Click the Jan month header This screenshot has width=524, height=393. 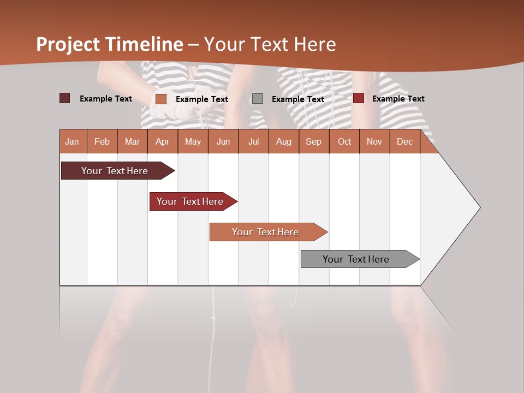[72, 141]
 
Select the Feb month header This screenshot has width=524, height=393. [102, 141]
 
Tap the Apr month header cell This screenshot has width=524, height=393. [162, 141]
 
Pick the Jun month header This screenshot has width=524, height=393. [223, 141]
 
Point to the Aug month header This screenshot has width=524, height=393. [283, 141]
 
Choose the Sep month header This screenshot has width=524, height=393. [313, 141]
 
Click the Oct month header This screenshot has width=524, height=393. [344, 141]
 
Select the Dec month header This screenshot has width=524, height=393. [404, 141]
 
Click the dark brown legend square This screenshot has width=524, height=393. [64, 98]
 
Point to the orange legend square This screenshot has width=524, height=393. [161, 99]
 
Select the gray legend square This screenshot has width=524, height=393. [258, 99]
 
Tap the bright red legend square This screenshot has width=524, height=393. [359, 98]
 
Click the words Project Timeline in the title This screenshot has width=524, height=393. [110, 44]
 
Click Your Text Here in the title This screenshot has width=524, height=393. [270, 44]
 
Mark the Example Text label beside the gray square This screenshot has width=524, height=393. [298, 99]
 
